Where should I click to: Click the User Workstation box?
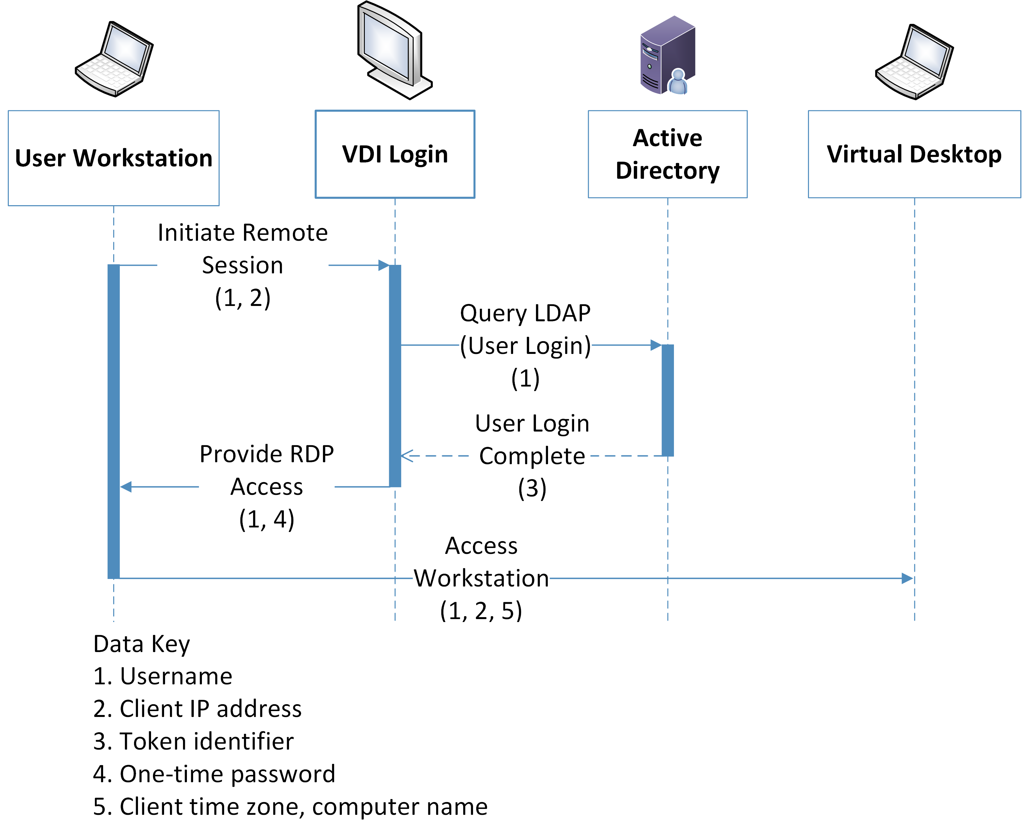tap(114, 158)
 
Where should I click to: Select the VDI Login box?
tap(395, 154)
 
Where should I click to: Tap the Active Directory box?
tap(667, 154)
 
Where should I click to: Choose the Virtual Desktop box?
tap(914, 154)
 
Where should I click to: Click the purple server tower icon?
tap(667, 55)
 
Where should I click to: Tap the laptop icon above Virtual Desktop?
tap(914, 62)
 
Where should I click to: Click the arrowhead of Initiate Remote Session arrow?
tap(384, 265)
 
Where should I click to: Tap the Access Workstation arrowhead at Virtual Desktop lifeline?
tap(908, 578)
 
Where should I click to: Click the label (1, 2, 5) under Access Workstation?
tap(480, 611)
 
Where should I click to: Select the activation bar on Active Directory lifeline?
tap(667, 400)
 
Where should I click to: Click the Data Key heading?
tap(142, 644)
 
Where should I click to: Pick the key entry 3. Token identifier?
tap(193, 741)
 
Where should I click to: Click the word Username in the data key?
tap(176, 676)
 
